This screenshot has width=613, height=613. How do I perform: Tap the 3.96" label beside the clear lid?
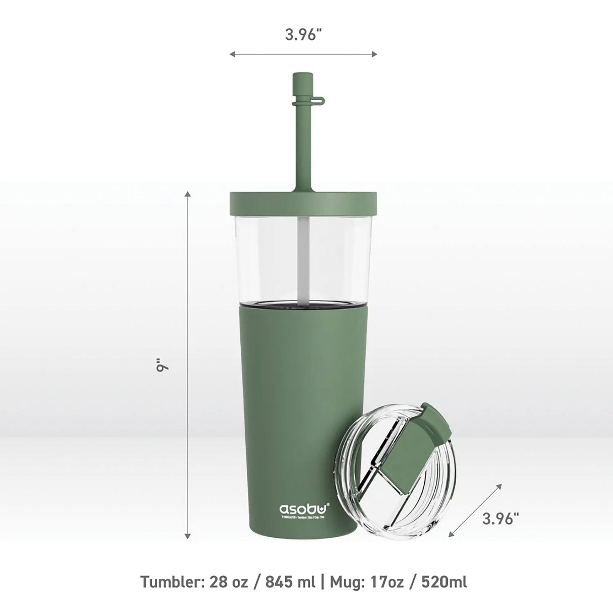tap(500, 519)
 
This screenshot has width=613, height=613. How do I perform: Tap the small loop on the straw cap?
tap(321, 99)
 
